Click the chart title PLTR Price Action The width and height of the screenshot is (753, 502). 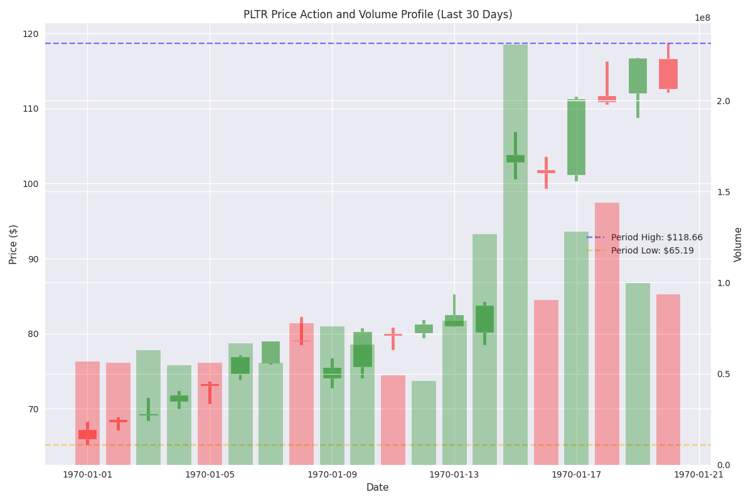[x=378, y=14]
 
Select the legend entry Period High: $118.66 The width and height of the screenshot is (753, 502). [x=656, y=237]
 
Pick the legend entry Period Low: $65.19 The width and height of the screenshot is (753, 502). [x=653, y=250]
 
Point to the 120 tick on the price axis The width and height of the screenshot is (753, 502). [x=32, y=34]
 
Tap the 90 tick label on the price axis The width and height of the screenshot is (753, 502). [x=32, y=259]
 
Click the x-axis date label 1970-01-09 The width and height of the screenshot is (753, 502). [x=332, y=474]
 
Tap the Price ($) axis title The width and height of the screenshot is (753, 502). [x=13, y=244]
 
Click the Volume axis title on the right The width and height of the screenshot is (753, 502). [x=739, y=244]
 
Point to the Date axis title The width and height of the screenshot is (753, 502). [x=378, y=488]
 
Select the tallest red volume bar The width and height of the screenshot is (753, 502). [x=607, y=333]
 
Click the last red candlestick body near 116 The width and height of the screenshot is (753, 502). [x=668, y=74]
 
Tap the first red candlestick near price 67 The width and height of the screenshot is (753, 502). [x=87, y=434]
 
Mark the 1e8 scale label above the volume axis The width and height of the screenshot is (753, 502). [x=702, y=18]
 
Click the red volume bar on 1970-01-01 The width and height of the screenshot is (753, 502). [x=87, y=414]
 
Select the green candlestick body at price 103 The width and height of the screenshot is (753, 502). [x=515, y=159]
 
